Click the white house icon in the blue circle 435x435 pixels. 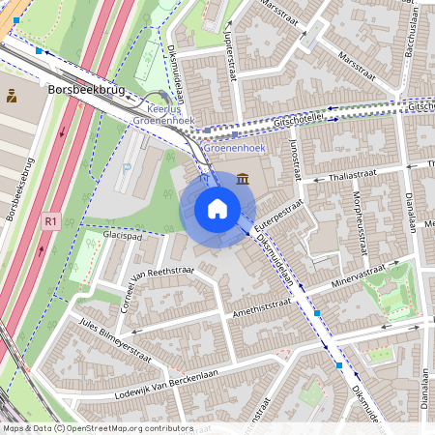(217, 208)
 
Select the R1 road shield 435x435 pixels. (51, 221)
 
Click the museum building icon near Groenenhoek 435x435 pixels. (241, 178)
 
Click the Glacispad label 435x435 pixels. (122, 235)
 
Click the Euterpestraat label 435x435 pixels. (276, 218)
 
